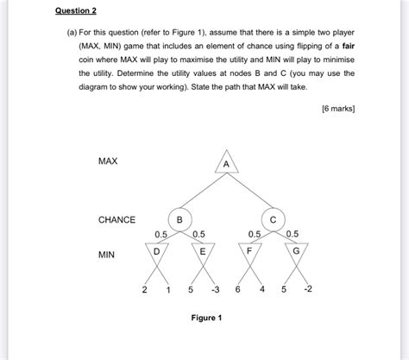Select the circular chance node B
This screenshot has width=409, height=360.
[x=179, y=219]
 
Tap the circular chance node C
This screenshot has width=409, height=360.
[x=273, y=219]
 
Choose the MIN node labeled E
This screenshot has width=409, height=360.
[x=202, y=252]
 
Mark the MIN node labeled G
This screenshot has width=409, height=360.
[x=296, y=252]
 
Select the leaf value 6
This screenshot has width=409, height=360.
[x=237, y=289]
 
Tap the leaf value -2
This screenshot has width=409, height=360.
[x=307, y=289]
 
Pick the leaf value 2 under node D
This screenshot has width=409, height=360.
[x=144, y=289]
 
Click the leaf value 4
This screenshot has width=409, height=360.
[x=261, y=289]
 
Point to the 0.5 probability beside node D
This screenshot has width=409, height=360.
[x=160, y=234]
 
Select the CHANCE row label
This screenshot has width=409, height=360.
[x=116, y=220]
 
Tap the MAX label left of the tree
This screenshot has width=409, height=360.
[x=108, y=161]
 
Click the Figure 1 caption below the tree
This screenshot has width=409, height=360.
[x=206, y=318]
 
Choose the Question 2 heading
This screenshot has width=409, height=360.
[x=75, y=11]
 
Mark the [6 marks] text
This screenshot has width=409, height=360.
[x=337, y=109]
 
